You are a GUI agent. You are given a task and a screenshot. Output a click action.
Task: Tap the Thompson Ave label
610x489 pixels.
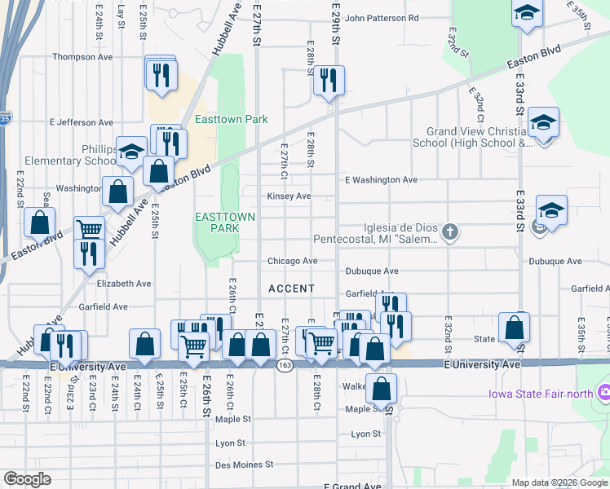82,57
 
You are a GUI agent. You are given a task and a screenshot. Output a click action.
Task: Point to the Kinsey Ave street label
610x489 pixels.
290,196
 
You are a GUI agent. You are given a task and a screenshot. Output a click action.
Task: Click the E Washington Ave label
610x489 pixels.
381,179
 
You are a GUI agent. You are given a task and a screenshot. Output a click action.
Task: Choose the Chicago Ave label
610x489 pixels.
293,262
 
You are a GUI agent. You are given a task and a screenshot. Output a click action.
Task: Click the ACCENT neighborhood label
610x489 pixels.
291,289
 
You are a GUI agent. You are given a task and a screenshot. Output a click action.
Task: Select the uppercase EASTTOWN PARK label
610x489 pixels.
216,222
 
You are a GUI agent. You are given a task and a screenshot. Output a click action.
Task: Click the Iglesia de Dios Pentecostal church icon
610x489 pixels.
450,234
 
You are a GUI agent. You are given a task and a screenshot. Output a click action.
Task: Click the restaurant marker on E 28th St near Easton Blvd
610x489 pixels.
329,81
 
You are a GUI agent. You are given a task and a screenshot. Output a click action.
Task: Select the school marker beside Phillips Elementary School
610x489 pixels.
131,152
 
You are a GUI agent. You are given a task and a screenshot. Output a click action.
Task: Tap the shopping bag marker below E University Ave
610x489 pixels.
381,389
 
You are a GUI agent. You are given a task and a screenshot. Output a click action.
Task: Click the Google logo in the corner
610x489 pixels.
27,478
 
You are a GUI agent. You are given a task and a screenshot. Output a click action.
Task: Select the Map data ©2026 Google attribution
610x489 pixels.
559,482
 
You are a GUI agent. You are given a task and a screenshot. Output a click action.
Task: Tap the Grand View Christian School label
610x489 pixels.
479,137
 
